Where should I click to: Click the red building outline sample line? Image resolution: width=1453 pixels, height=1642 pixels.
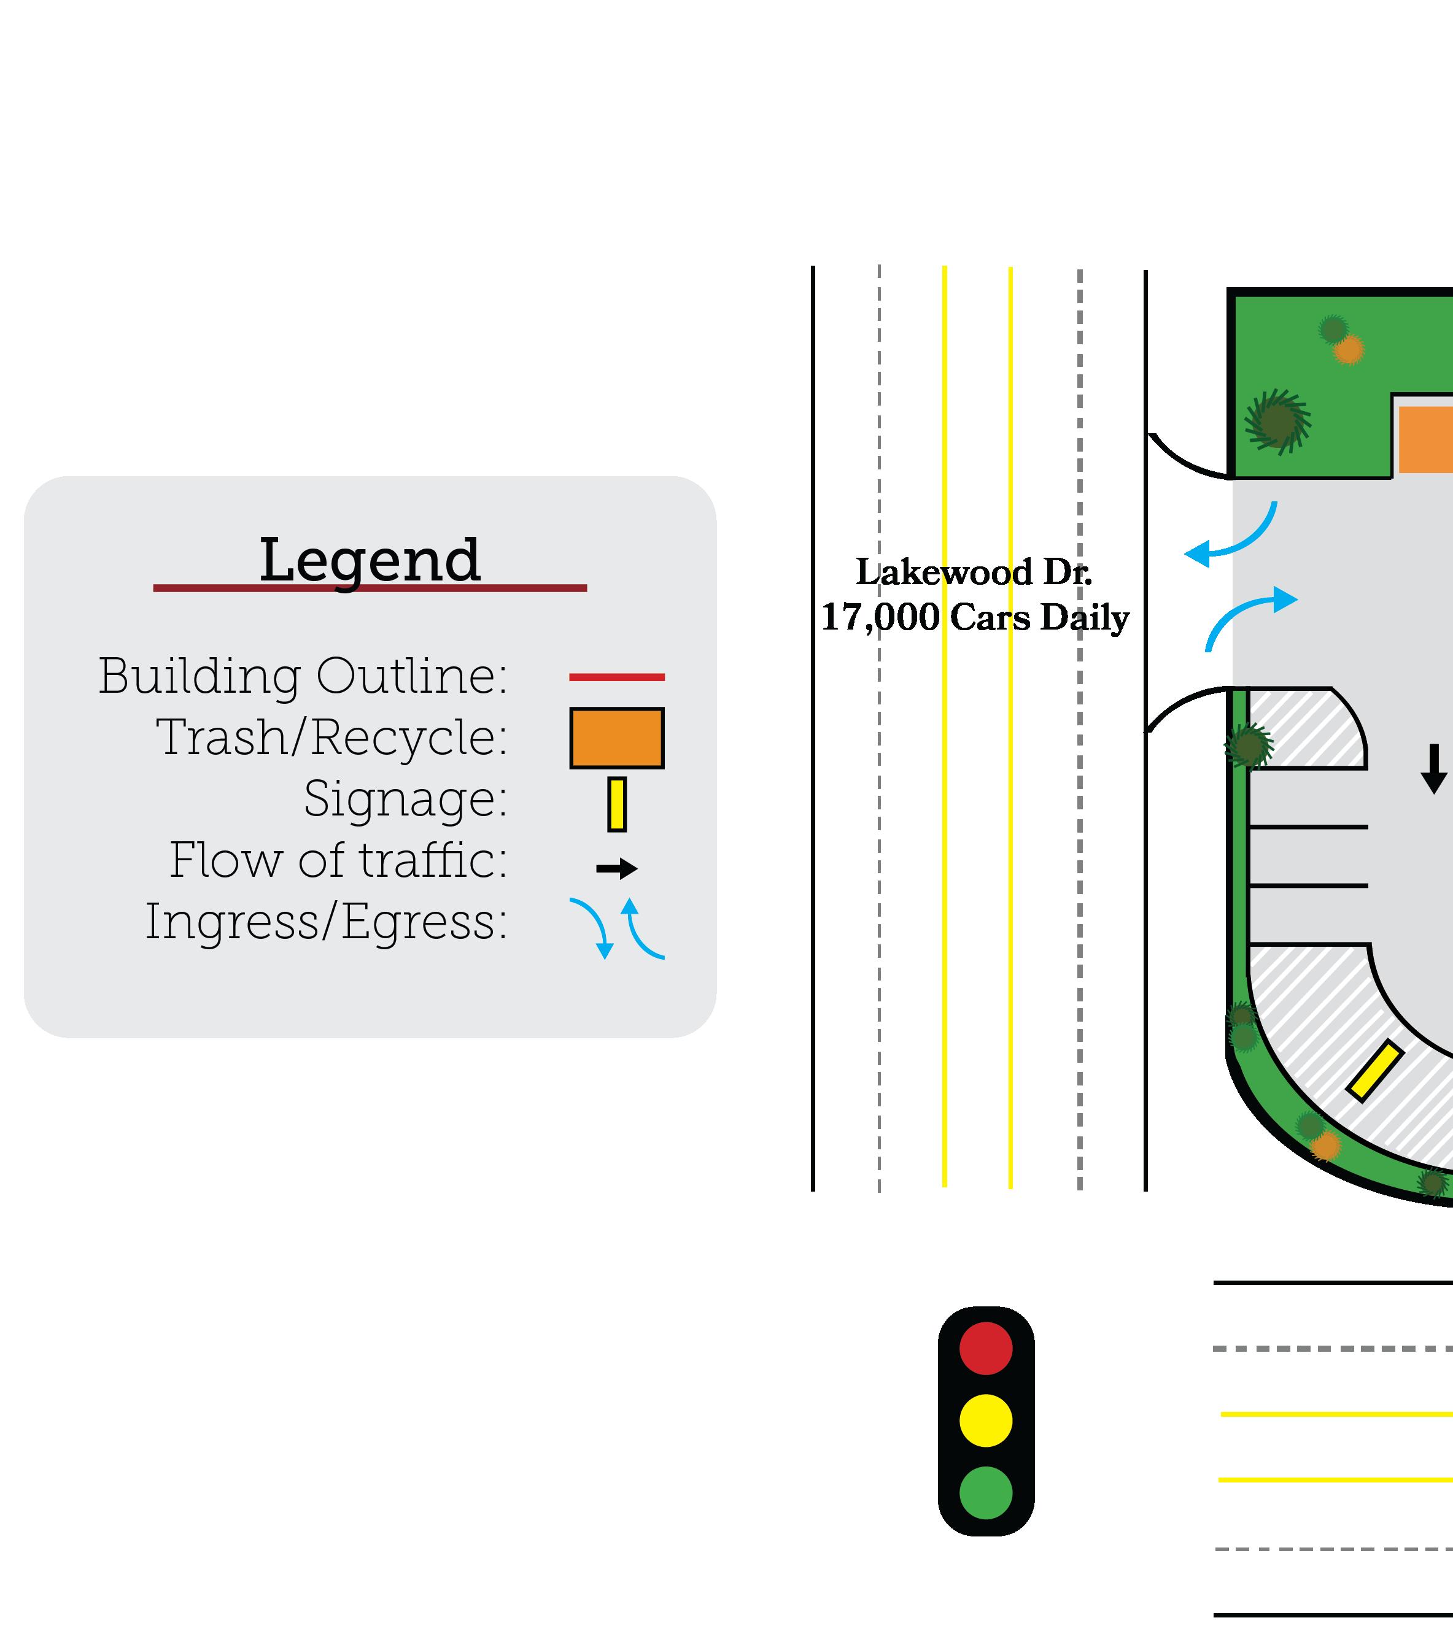(x=616, y=677)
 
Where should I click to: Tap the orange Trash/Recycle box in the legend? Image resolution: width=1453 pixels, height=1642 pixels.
(x=616, y=738)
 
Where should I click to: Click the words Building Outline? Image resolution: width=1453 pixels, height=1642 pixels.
(x=303, y=676)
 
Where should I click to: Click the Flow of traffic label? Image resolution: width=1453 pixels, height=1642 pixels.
(x=338, y=860)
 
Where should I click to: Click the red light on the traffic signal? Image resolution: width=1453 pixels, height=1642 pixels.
(x=985, y=1348)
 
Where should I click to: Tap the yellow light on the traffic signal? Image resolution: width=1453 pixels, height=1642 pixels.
(x=985, y=1420)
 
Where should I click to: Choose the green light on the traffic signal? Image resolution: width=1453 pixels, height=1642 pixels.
(x=985, y=1492)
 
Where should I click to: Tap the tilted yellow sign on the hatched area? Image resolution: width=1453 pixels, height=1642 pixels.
(x=1375, y=1071)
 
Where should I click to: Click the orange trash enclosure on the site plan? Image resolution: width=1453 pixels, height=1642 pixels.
(x=1425, y=439)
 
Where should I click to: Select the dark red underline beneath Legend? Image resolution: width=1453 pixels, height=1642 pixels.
(x=370, y=588)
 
